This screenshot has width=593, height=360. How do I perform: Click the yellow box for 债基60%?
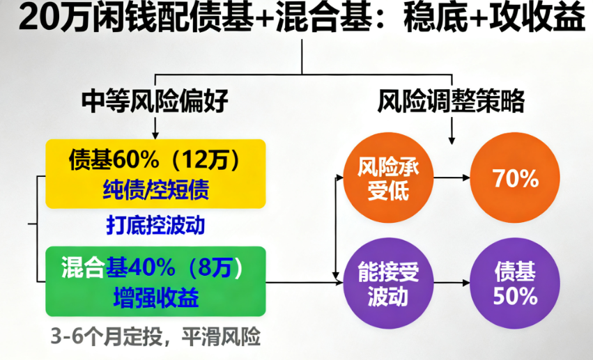[155, 173]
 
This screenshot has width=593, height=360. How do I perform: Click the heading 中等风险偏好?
[155, 102]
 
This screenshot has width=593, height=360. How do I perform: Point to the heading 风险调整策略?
[452, 102]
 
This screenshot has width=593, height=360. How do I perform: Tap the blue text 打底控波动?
[155, 225]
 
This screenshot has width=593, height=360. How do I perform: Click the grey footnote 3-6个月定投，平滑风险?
[155, 337]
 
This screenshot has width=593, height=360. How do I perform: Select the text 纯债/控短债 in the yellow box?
[155, 188]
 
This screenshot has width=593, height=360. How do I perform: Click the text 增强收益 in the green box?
[155, 297]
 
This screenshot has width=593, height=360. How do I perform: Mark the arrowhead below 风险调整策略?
[454, 137]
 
